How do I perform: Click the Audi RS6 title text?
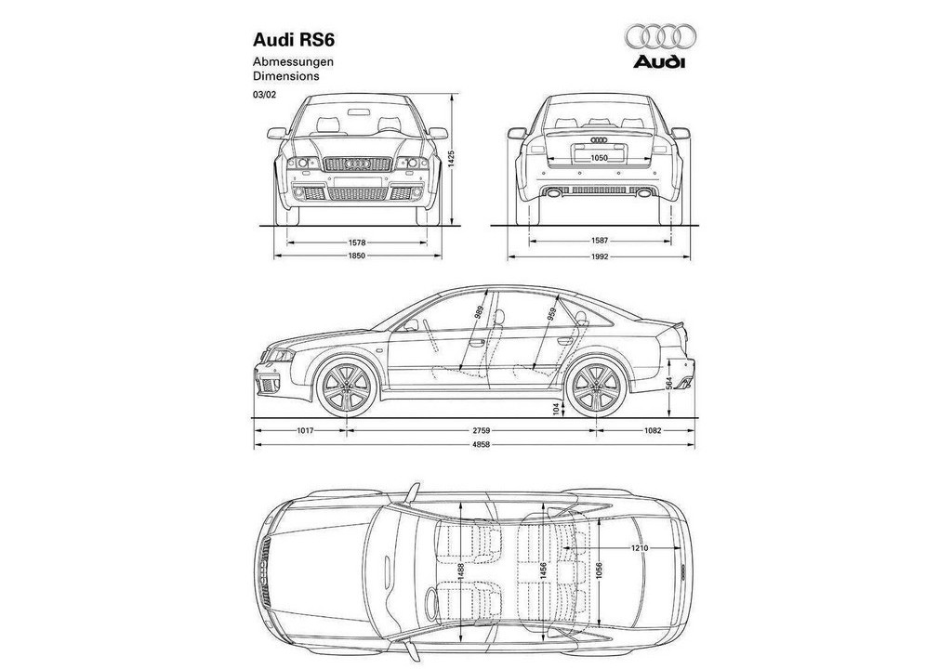294,40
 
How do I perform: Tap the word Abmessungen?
293,62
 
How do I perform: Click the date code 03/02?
264,94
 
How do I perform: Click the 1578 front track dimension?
356,243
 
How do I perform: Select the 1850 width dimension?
357,256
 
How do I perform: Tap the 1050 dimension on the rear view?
599,159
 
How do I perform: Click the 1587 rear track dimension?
600,242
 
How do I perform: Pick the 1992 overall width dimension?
600,256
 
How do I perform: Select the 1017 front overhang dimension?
305,430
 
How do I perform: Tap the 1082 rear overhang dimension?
652,430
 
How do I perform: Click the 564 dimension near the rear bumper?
669,384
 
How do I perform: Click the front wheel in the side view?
347,387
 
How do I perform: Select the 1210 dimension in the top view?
640,548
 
